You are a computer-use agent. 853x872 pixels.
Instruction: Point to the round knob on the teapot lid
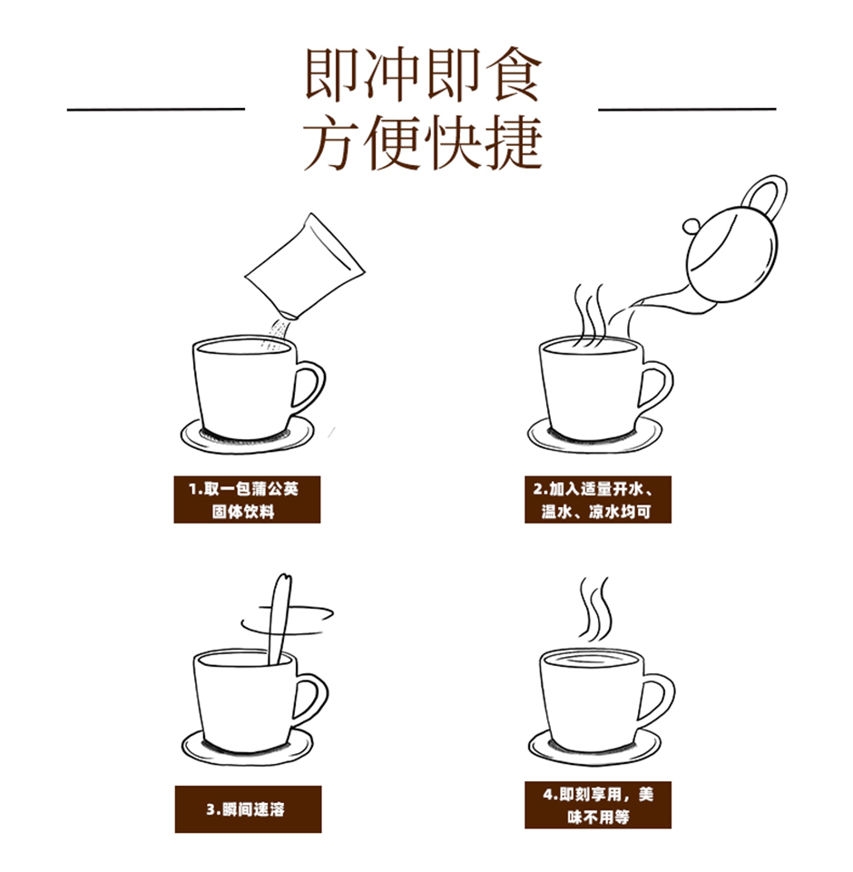[x=691, y=226]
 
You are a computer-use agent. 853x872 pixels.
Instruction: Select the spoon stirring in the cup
[x=279, y=617]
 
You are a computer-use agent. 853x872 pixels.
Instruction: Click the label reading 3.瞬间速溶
[x=248, y=809]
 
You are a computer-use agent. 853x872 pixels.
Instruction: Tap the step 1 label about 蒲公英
[x=247, y=499]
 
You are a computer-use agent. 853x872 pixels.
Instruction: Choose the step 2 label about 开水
[x=598, y=499]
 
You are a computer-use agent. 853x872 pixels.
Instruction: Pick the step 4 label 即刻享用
[x=598, y=805]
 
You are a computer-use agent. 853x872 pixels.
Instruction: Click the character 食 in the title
[x=513, y=75]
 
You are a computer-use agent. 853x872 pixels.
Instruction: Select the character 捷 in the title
[x=514, y=142]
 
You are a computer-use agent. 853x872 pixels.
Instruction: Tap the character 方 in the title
[x=331, y=142]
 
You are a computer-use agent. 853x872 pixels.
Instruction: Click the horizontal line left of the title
[x=156, y=110]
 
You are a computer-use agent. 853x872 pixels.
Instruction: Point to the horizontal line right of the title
[x=687, y=110]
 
